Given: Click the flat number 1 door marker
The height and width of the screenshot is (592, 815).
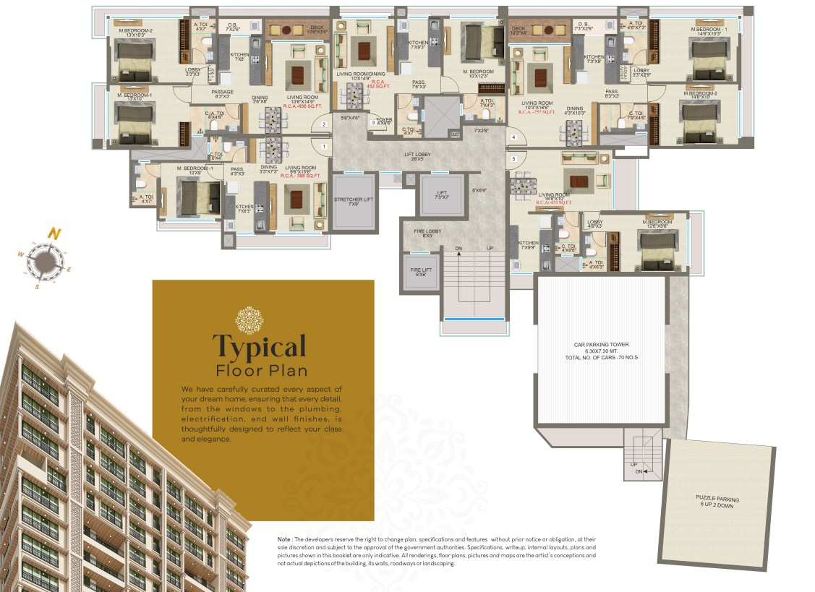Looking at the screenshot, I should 324,147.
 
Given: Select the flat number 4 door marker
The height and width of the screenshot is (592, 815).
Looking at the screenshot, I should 513,137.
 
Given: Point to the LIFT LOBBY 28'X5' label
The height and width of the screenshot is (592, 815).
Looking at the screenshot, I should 418,156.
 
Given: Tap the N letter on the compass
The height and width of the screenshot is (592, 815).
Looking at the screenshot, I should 53,233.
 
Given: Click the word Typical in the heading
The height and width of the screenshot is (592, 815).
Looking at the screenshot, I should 259,347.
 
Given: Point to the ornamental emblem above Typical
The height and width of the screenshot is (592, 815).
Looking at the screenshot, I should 249,320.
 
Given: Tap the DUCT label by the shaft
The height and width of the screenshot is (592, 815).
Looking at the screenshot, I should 455,134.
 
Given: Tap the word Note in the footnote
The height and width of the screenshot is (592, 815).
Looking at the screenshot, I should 283,540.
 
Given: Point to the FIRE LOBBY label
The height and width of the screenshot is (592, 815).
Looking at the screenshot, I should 427,232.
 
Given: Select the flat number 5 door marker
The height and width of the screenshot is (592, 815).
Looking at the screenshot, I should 513,159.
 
